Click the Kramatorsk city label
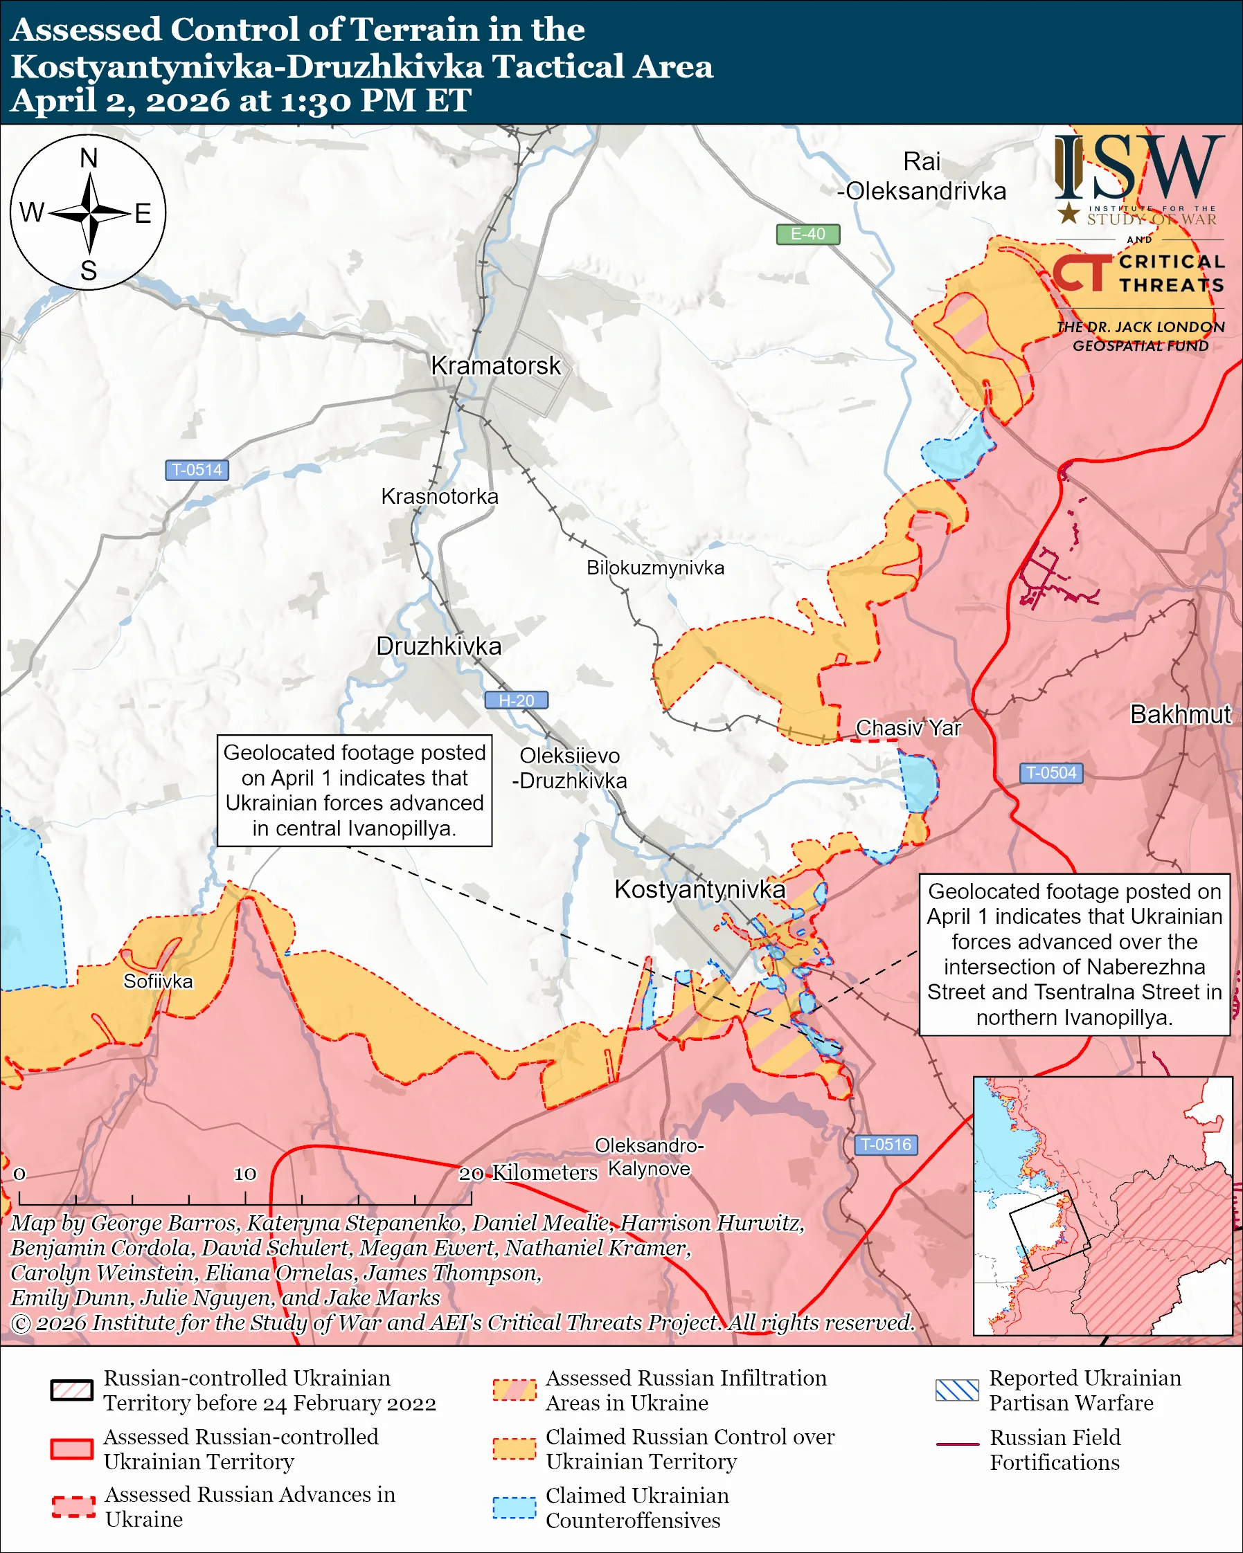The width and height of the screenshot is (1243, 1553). [495, 366]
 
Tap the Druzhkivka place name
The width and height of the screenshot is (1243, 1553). [439, 646]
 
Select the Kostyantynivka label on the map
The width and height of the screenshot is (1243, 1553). [699, 889]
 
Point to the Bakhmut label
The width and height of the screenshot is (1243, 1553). [1180, 714]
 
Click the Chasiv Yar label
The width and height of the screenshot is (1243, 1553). [908, 728]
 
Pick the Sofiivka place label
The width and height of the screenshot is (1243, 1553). [158, 981]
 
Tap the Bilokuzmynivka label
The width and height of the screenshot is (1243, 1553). [655, 567]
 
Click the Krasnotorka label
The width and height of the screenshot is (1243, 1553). [440, 496]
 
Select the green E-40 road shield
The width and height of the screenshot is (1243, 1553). [807, 234]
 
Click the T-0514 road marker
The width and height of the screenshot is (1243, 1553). [197, 470]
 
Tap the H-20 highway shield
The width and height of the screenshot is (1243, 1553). [516, 700]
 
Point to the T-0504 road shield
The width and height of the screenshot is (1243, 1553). [1050, 773]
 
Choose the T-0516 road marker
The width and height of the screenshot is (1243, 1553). [886, 1145]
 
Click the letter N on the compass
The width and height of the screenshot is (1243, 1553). [89, 158]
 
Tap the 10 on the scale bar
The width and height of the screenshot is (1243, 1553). [245, 1174]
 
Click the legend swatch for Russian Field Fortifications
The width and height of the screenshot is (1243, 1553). [957, 1444]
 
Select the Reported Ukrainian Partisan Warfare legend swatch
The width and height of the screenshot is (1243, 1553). [957, 1390]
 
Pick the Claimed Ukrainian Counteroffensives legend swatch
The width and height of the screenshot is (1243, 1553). [515, 1507]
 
